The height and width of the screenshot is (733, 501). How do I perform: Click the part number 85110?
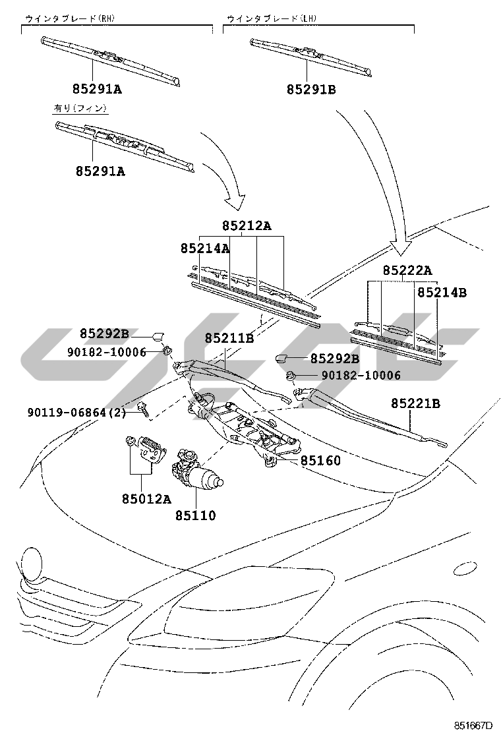pyautogui.click(x=195, y=515)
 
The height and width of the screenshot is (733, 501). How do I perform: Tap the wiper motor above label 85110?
pyautogui.click(x=196, y=472)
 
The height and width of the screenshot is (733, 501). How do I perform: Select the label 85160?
pyautogui.click(x=320, y=461)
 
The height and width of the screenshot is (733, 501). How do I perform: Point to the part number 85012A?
pyautogui.click(x=146, y=499)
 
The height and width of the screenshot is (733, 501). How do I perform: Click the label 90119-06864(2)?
pyautogui.click(x=76, y=413)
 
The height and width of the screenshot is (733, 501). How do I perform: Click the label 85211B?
pyautogui.click(x=229, y=337)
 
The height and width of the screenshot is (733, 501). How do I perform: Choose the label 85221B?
pyautogui.click(x=415, y=403)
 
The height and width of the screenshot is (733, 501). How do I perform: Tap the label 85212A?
pyautogui.click(x=247, y=226)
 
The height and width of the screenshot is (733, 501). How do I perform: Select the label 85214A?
pyautogui.click(x=205, y=249)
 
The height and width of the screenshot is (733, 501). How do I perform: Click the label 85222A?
pyautogui.click(x=407, y=270)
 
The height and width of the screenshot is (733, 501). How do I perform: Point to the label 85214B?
pyautogui.click(x=442, y=292)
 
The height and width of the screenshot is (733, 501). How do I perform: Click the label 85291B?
pyautogui.click(x=311, y=89)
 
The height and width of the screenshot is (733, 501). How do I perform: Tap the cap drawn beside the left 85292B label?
pyautogui.click(x=158, y=334)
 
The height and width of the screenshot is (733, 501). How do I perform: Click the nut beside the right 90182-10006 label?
pyautogui.click(x=290, y=374)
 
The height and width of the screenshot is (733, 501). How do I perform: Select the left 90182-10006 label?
pyautogui.click(x=107, y=352)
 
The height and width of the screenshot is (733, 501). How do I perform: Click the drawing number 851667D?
pyautogui.click(x=473, y=726)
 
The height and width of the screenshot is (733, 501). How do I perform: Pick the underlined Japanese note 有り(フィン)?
pyautogui.click(x=80, y=108)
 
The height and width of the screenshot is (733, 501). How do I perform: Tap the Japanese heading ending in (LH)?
pyautogui.click(x=272, y=18)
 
